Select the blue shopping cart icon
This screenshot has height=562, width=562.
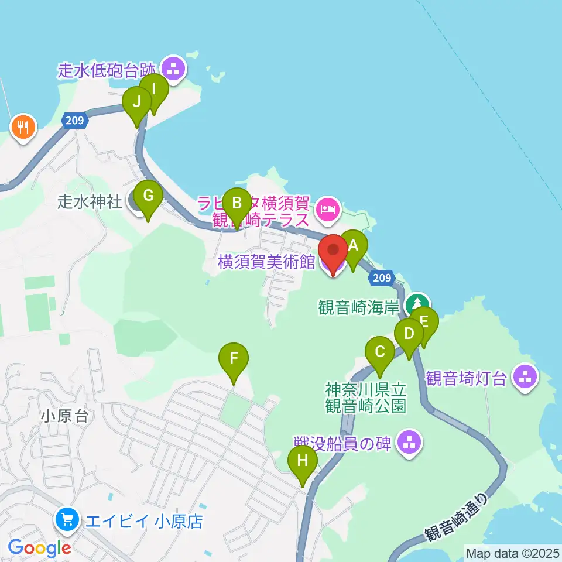(67, 519)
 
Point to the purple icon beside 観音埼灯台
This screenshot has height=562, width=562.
(525, 377)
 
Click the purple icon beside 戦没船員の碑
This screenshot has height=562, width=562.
(409, 443)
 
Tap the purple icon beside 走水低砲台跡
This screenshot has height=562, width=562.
(173, 69)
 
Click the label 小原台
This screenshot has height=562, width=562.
(65, 416)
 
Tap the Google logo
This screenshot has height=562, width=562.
(40, 548)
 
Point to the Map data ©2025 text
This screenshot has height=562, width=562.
(512, 553)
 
